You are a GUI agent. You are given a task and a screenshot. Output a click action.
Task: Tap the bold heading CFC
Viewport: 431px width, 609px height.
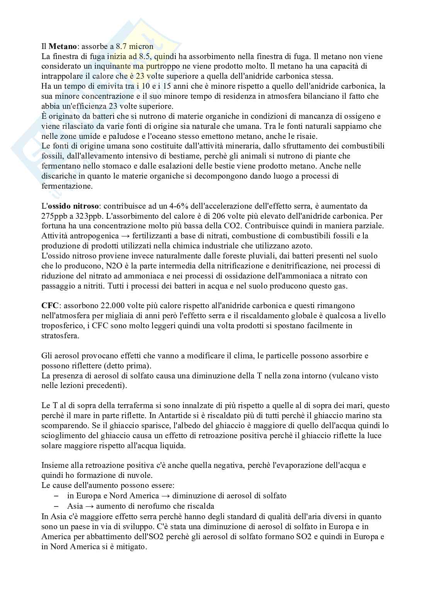[x=49, y=305]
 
